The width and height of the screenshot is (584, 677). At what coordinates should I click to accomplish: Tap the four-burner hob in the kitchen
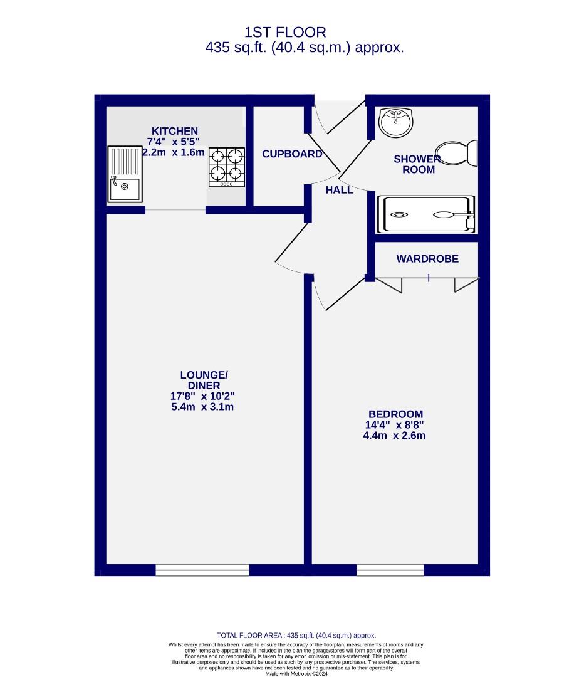click(x=226, y=166)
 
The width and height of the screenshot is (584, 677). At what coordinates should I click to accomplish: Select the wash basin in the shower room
click(x=396, y=122)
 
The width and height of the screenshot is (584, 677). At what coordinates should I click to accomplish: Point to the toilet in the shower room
click(x=464, y=153)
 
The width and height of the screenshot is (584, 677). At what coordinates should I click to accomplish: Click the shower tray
click(x=426, y=214)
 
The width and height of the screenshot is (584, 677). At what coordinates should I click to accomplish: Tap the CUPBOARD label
click(x=292, y=154)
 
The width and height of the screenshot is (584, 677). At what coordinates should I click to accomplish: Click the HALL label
click(x=339, y=190)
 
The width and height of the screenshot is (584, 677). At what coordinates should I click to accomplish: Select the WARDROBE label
click(x=427, y=259)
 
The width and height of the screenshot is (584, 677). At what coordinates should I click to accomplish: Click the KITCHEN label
click(x=173, y=131)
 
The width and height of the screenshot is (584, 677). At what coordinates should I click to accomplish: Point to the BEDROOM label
click(x=395, y=414)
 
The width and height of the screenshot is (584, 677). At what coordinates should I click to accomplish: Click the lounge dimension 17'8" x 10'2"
click(x=202, y=396)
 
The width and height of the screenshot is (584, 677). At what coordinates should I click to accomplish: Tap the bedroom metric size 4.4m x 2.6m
click(x=394, y=435)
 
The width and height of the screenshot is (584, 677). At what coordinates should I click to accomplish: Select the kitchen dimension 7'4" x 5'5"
click(x=173, y=142)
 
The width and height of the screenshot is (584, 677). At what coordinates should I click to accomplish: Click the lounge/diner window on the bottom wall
click(x=202, y=570)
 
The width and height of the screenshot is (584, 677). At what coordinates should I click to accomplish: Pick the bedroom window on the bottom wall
click(x=390, y=570)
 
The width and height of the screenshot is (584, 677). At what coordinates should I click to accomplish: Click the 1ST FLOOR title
click(x=285, y=32)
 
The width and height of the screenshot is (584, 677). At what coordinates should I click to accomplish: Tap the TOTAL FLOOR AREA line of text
click(x=296, y=635)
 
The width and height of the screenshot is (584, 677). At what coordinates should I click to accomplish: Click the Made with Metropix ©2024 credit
click(x=296, y=674)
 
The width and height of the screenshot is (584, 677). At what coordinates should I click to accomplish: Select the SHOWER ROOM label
click(x=418, y=164)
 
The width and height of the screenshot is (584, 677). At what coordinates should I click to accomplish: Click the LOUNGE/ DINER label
click(x=200, y=380)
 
